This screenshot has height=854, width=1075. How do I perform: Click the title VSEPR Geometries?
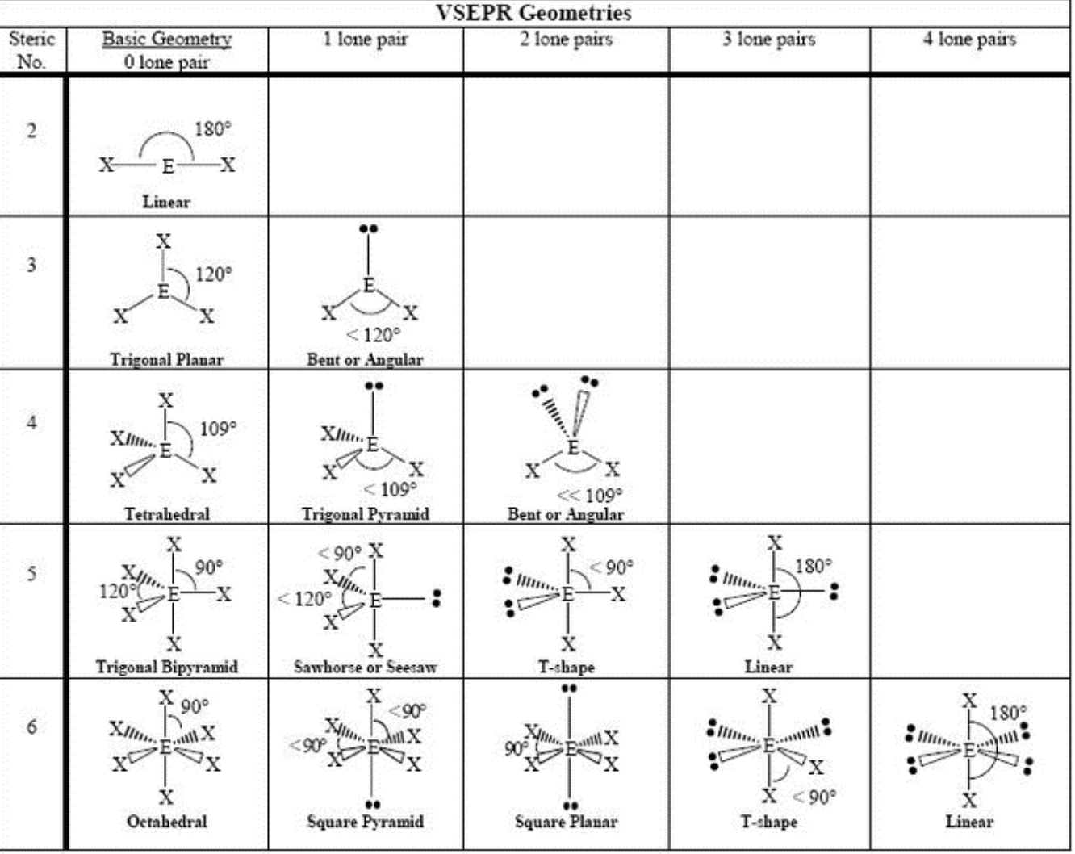(533, 13)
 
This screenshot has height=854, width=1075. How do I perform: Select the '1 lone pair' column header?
(366, 39)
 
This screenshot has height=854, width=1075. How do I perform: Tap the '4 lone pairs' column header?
(969, 39)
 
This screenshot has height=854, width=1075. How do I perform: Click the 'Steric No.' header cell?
(31, 50)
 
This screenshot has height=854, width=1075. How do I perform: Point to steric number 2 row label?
(31, 131)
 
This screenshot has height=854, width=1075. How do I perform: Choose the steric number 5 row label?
(31, 574)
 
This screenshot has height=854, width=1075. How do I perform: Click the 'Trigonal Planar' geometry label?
(166, 359)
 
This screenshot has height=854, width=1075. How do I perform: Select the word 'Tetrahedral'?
(166, 513)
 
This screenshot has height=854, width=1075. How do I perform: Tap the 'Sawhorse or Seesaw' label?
(365, 668)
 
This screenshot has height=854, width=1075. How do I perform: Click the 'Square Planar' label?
(566, 822)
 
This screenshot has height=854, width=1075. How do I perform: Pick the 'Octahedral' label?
(166, 822)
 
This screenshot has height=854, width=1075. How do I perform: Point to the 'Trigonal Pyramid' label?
(365, 513)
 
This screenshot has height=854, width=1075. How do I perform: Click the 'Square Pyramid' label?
(365, 822)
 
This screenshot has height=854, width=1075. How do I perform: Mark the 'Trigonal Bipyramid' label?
(166, 668)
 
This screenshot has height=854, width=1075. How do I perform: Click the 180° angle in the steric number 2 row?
(212, 129)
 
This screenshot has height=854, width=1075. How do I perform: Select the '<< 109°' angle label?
(590, 495)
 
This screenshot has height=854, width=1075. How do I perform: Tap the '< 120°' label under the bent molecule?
(373, 335)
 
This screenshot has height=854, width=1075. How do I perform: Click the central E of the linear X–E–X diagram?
(168, 166)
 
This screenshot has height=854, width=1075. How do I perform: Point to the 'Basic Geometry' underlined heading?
(166, 39)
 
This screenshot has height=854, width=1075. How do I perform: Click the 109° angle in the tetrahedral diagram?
(218, 428)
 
